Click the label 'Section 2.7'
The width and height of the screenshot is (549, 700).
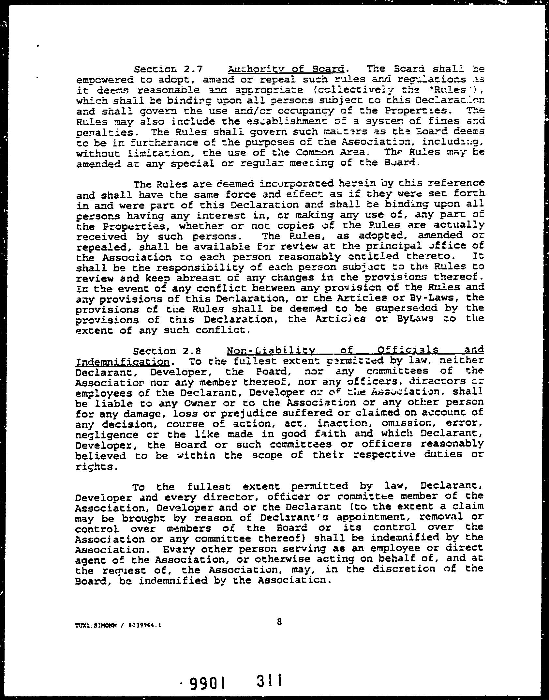pyautogui.click(x=169, y=69)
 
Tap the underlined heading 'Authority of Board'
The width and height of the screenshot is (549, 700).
pyautogui.click(x=286, y=69)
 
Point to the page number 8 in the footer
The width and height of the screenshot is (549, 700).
pyautogui.click(x=279, y=622)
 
